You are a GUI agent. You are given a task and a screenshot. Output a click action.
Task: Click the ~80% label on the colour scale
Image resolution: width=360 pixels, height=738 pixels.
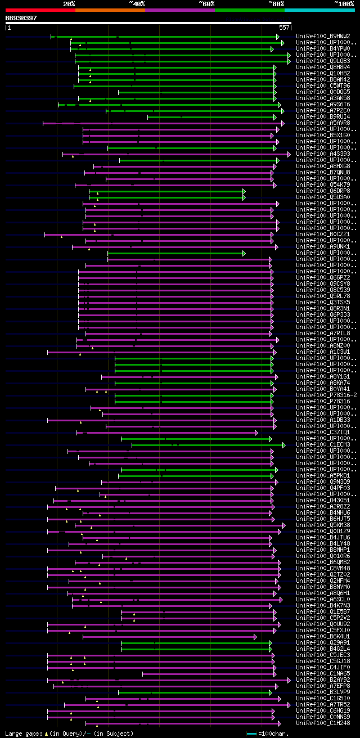coord(276,4)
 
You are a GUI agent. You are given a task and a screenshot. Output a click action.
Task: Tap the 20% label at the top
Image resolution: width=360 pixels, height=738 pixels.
coord(69,4)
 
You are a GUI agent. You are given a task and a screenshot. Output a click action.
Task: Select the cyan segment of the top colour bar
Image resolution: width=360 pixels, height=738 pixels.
coord(319,10)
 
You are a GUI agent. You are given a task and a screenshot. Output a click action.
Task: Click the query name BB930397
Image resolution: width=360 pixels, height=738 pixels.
coord(21,18)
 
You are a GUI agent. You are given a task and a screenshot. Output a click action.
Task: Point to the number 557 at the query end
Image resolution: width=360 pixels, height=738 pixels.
coord(284,27)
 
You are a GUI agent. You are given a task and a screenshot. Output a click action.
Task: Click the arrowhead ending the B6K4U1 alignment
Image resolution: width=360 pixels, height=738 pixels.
coord(256,637)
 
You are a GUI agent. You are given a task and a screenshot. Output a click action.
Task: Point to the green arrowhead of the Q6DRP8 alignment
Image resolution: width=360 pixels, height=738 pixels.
coord(244,191)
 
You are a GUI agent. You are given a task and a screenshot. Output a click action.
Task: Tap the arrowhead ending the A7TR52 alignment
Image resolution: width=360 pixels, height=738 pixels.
coord(289,705)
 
